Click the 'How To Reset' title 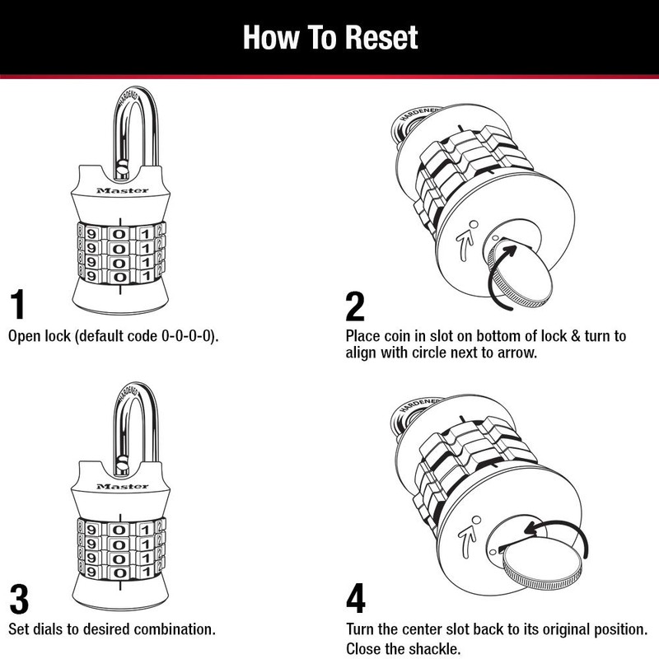(329, 38)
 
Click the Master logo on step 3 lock (122, 488)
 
